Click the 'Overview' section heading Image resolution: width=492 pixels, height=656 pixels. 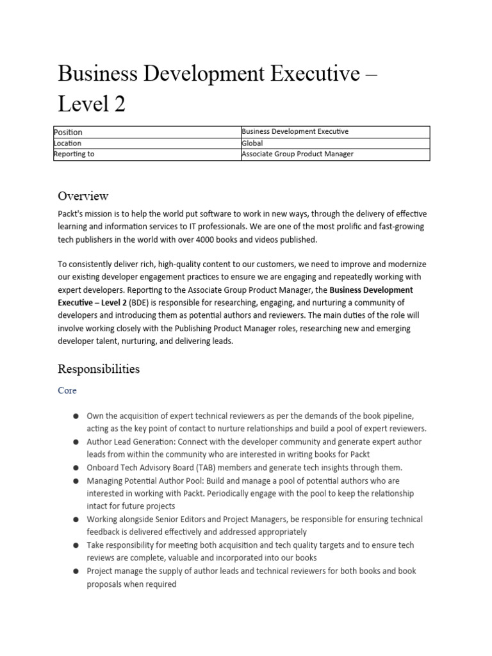tap(83, 195)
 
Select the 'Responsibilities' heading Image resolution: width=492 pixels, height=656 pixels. tap(99, 369)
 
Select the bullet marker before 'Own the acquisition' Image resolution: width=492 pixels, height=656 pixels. tap(76, 416)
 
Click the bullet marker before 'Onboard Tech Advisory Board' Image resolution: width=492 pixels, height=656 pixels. tap(76, 468)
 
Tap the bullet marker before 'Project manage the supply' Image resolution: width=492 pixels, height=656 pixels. tap(76, 571)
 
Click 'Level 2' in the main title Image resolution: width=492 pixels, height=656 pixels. tap(92, 103)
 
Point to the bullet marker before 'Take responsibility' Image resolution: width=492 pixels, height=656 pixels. tap(76, 545)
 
